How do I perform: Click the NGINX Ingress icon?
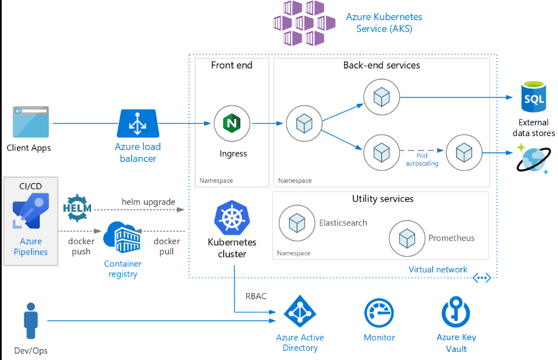(232, 123)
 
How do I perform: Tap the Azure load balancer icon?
(138, 123)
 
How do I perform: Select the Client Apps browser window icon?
(31, 122)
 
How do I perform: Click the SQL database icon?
(534, 97)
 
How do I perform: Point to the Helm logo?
(77, 208)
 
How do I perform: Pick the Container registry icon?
(122, 237)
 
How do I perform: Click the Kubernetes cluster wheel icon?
(232, 217)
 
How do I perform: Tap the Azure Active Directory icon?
(300, 311)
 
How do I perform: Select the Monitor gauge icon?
(379, 313)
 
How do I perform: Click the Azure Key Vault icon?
(456, 312)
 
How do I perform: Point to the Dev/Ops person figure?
(31, 321)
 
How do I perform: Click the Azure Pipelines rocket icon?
(31, 211)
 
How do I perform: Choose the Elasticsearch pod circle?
(297, 223)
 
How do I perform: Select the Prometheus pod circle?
(407, 238)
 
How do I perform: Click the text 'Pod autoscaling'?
(422, 160)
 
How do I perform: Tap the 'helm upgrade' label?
(148, 202)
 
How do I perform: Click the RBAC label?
(256, 297)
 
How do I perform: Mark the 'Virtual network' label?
(438, 269)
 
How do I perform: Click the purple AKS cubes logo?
(304, 23)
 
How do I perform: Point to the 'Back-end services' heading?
(382, 65)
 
